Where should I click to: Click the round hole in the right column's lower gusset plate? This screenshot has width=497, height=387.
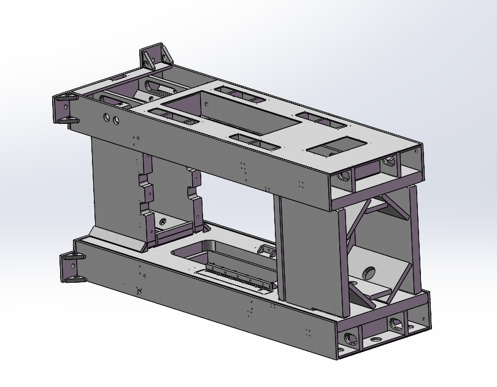(369, 272)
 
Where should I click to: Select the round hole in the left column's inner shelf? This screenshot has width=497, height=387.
(162, 220)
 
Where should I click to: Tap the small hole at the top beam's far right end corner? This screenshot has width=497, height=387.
(415, 151)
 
